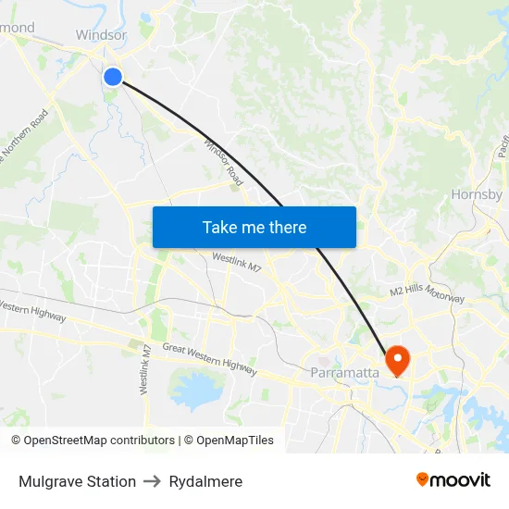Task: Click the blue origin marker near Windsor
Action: point(112,76)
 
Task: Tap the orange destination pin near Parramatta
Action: point(399,359)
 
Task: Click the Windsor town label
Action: point(101,35)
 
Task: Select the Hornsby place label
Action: point(477,194)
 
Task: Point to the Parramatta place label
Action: point(344,373)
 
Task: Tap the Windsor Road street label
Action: point(223,163)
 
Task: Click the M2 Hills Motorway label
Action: point(427,292)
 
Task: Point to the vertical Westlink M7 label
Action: point(146,370)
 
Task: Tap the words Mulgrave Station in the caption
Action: point(77,481)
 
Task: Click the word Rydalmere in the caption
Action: point(205,481)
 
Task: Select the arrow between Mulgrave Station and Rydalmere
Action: point(153,481)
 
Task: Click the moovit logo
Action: point(453,479)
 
